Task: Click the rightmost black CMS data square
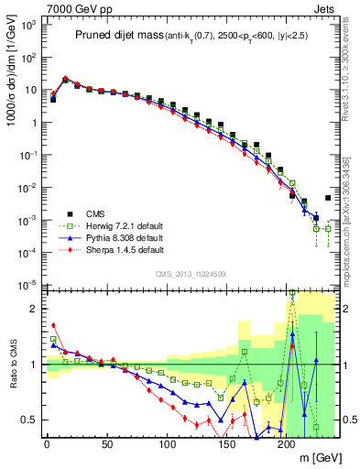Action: pos(328,198)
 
